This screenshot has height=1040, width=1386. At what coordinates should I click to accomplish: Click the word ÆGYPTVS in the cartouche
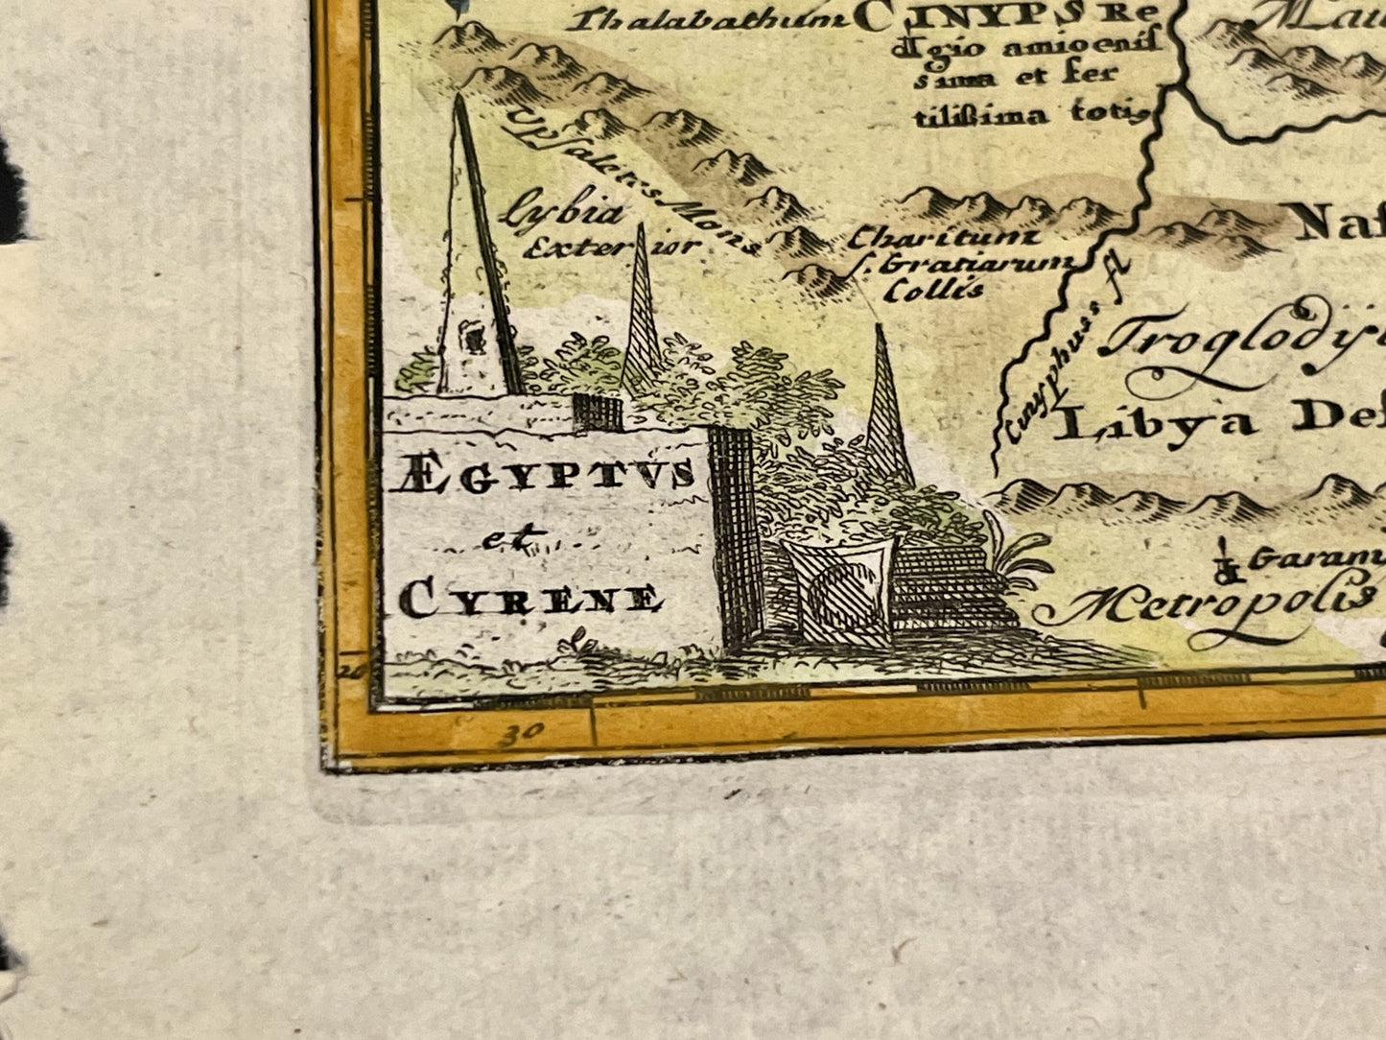(x=542, y=478)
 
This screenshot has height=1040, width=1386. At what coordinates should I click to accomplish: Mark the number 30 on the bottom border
(x=519, y=736)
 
